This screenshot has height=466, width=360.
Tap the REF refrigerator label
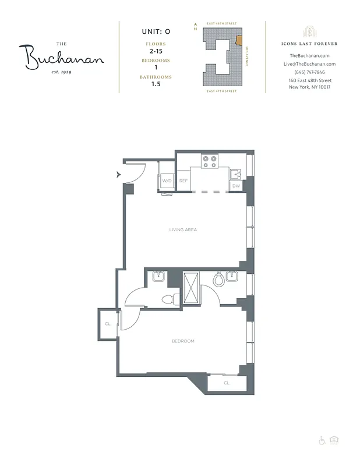[x=183, y=181]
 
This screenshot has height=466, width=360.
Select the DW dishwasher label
[x=236, y=186]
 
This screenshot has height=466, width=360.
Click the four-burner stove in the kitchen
[x=209, y=161]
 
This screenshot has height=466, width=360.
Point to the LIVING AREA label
[x=183, y=230]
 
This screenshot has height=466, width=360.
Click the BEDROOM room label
[x=182, y=341]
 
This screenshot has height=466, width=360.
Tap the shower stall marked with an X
[x=192, y=287]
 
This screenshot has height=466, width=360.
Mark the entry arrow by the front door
[x=119, y=174]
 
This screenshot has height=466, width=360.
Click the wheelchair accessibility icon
[x=322, y=441]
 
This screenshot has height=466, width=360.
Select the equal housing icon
[x=334, y=441]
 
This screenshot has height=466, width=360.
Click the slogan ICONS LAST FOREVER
[x=309, y=44]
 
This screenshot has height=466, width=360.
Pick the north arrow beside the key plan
[x=196, y=27]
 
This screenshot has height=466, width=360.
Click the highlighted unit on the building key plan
[x=238, y=41]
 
